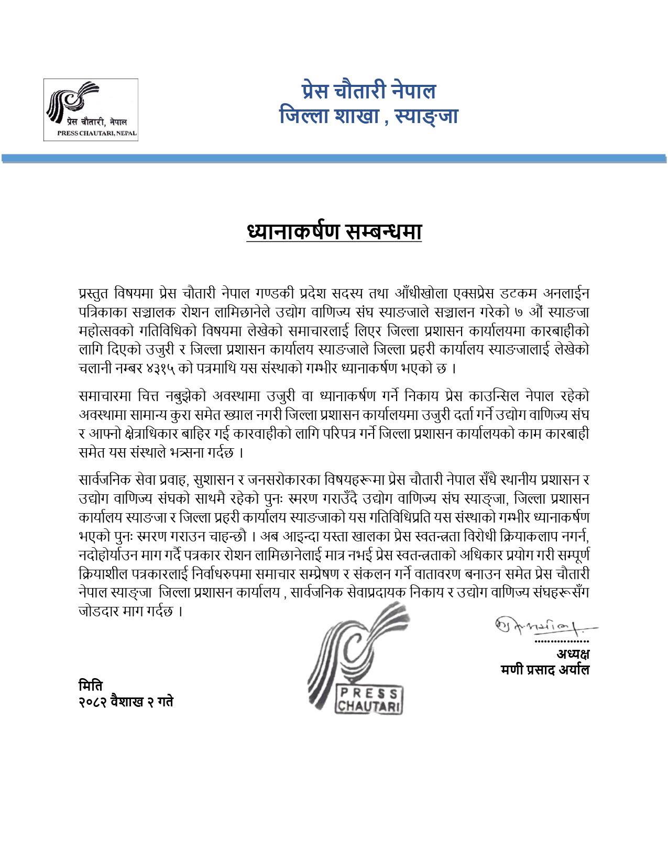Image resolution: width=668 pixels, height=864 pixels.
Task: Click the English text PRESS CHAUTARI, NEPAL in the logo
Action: (97, 134)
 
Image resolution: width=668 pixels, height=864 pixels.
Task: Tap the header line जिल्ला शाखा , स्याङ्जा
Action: (368, 115)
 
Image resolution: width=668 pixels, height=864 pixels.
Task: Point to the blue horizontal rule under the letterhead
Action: (334, 159)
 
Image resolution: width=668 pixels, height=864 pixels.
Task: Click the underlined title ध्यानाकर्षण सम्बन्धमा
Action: (334, 232)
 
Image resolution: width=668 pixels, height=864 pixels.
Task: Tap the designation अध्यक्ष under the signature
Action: (573, 655)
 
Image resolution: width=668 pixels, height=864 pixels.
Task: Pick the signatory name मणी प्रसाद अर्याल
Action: (545, 670)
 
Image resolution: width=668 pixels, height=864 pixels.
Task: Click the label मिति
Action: (90, 685)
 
